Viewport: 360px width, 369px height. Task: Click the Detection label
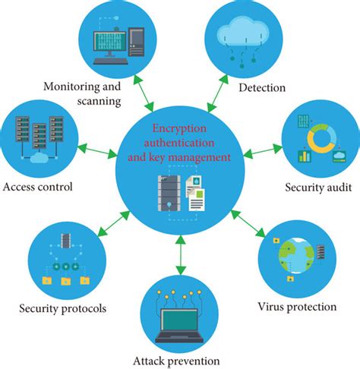(262, 87)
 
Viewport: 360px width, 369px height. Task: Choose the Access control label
(38, 186)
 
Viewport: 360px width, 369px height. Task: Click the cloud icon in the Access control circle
(37, 157)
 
